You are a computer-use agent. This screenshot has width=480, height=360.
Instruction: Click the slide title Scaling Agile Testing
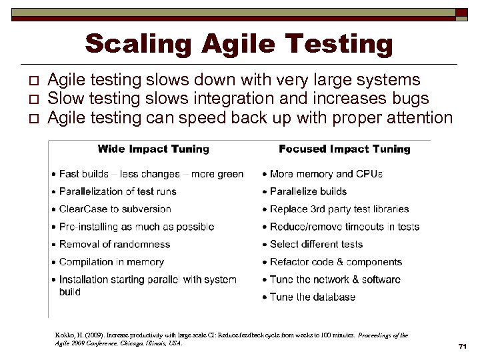239,44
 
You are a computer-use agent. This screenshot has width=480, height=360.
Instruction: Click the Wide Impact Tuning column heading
153,149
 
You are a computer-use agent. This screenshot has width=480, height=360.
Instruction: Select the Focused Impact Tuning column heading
344,149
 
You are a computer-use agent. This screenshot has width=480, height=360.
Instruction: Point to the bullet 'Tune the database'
312,297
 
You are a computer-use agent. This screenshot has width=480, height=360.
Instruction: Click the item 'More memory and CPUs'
326,174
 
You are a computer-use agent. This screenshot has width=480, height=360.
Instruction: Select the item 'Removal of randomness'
114,245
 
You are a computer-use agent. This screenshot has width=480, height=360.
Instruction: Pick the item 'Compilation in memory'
111,262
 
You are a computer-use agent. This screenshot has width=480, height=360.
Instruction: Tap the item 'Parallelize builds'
309,191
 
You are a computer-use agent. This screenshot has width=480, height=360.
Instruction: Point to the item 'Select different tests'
316,245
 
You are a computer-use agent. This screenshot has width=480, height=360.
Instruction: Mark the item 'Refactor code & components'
336,262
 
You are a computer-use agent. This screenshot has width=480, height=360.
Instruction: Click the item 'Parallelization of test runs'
118,191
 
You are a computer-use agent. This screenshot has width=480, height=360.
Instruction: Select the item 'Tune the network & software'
335,279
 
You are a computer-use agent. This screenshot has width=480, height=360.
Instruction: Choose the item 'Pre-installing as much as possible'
136,227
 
